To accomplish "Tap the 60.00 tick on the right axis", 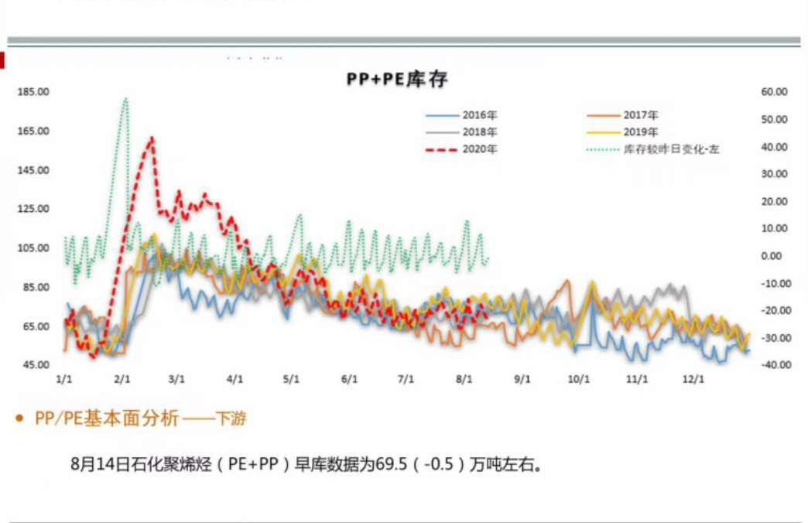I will (x=774, y=92).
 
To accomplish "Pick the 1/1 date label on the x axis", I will (x=65, y=380).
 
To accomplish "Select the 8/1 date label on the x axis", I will (x=464, y=380).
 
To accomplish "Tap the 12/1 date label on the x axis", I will (x=694, y=380).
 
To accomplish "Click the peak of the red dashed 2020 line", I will (x=151, y=138).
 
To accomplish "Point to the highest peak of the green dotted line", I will (x=125, y=99).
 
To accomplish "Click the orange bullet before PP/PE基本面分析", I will (x=19, y=419).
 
